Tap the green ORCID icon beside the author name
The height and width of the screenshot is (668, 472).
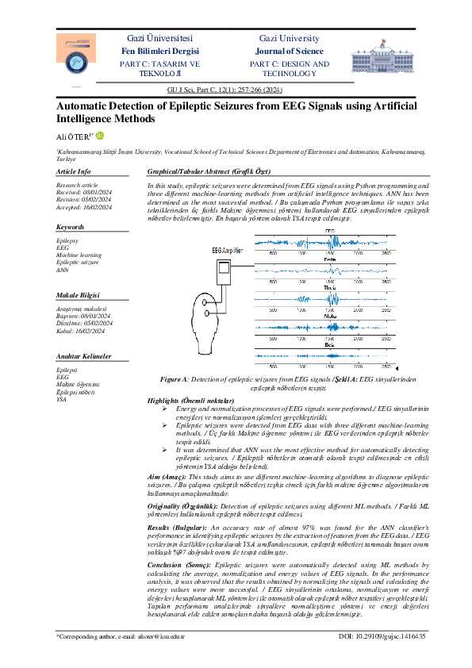coord(99,136)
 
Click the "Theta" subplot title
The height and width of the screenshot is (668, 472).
coord(330,288)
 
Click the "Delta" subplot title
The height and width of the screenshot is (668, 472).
coord(330,259)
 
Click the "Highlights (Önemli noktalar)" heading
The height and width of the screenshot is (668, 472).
coord(191,401)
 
